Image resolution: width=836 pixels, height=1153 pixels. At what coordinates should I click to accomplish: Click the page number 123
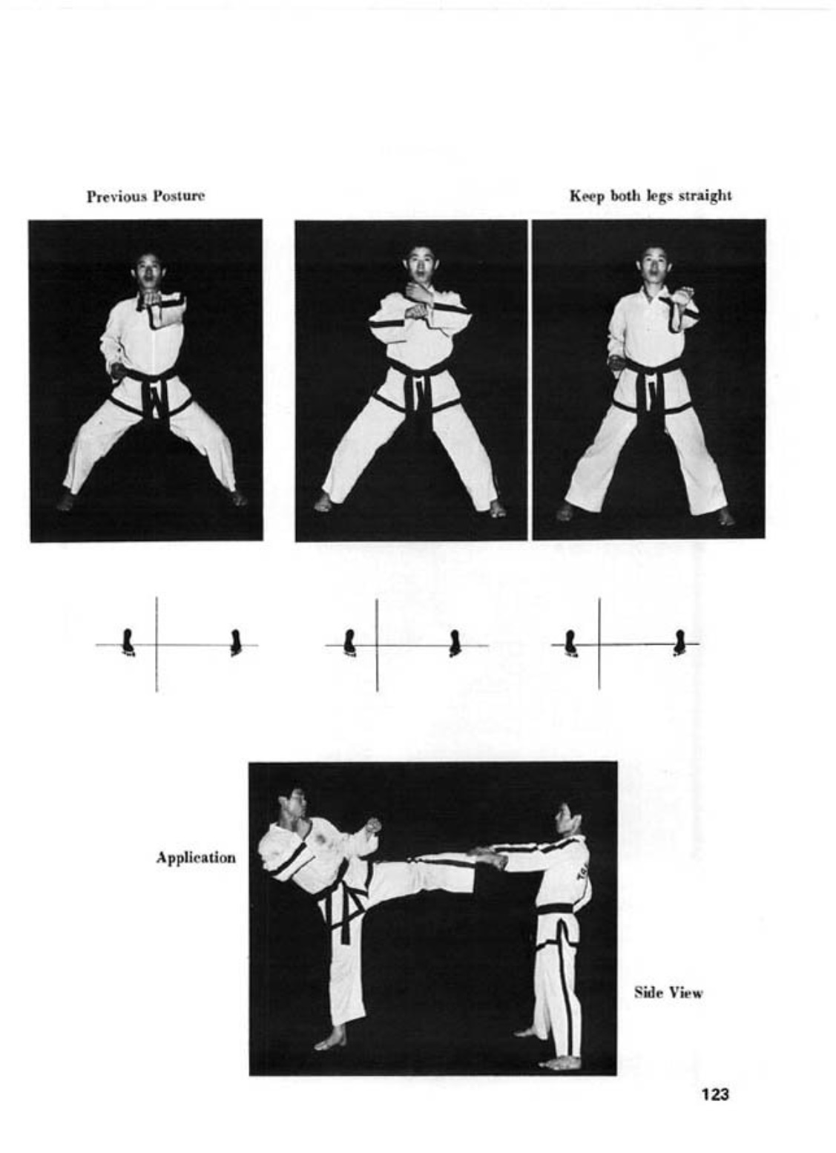tap(714, 1094)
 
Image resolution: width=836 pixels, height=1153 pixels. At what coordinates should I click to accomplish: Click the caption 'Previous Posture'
tap(145, 197)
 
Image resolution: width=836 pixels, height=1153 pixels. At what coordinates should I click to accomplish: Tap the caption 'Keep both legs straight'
tap(651, 196)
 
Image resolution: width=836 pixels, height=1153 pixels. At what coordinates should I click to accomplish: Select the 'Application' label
tap(196, 858)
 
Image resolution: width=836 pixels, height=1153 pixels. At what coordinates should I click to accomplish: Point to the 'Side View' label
tap(668, 993)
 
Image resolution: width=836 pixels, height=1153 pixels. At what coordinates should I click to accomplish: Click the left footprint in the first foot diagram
tap(128, 643)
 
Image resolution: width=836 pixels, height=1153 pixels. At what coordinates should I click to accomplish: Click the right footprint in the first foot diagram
tap(236, 643)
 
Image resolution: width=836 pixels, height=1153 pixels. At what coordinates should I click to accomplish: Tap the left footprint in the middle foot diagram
tap(350, 643)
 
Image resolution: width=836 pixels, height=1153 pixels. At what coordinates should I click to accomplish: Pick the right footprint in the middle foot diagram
tap(454, 643)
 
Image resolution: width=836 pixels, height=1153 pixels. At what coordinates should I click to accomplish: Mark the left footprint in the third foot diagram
tap(570, 643)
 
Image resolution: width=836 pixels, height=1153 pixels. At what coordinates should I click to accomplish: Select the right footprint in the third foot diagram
tap(679, 643)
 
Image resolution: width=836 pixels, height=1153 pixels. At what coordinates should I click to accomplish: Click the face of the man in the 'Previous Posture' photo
tap(147, 271)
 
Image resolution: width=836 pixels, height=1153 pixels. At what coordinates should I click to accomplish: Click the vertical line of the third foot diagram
tap(599, 643)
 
